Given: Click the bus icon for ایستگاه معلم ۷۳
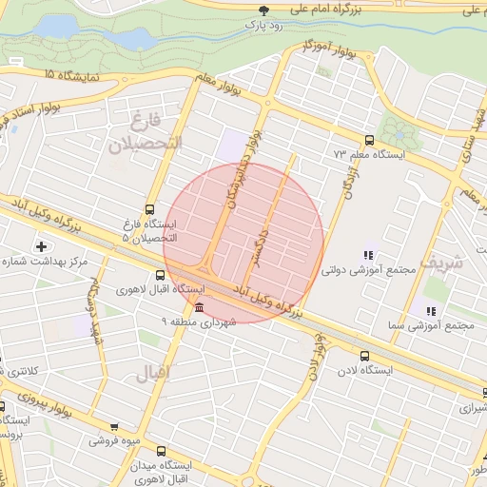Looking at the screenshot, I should coord(369,140).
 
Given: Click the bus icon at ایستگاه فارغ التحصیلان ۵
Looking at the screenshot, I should coord(149,210).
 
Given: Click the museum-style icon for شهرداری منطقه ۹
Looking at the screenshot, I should coord(198,307).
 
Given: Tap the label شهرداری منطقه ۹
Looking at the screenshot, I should coord(198,322).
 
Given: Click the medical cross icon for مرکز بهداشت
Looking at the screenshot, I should coord(41,247).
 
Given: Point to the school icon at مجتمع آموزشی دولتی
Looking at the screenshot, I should coord(368,255).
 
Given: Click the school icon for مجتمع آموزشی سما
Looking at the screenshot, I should coord(431,310).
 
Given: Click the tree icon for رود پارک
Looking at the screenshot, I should coord(263,10).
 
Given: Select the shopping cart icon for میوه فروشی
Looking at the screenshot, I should coord(114,428).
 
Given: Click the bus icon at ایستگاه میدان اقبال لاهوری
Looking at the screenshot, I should coord(160,451).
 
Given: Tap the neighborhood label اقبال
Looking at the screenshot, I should coord(154,374).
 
